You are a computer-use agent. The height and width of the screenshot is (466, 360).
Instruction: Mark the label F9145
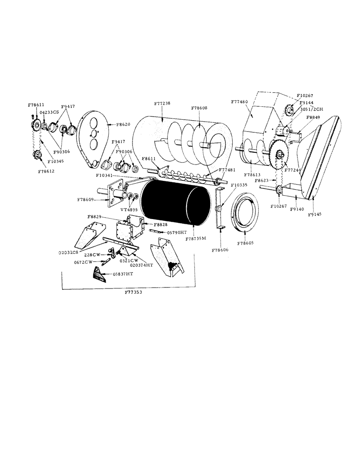click(x=316, y=214)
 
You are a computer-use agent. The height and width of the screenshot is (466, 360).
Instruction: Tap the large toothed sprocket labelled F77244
click(x=279, y=156)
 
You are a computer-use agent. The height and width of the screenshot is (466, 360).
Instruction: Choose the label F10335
click(x=240, y=185)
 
